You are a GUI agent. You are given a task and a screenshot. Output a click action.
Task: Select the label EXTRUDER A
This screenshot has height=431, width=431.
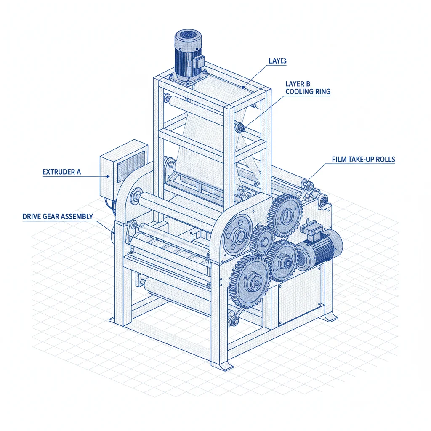click(x=61, y=172)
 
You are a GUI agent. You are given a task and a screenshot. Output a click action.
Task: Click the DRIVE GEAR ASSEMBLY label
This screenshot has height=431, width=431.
click(x=57, y=217)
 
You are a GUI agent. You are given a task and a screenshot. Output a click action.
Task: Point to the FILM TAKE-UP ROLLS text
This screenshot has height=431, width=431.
click(x=363, y=160)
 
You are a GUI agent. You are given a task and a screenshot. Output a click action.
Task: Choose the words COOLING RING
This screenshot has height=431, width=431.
click(x=308, y=92)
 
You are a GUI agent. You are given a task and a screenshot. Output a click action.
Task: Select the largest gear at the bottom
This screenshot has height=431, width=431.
click(x=249, y=279)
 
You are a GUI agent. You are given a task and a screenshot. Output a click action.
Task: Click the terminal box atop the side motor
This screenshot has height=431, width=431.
click(x=311, y=231)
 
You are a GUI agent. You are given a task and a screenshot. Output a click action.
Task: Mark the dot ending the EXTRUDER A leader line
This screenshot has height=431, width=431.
click(x=109, y=177)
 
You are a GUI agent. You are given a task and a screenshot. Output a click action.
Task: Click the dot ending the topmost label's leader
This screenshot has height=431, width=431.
click(x=243, y=88)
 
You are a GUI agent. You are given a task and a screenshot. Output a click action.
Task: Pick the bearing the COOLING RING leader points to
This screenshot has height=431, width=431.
click(x=241, y=127)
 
